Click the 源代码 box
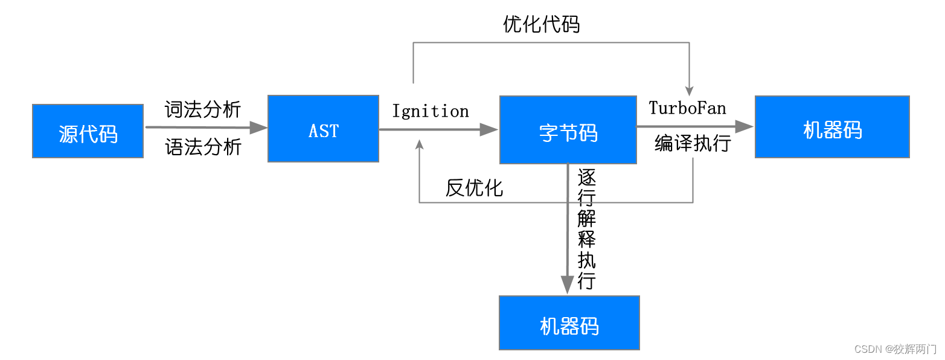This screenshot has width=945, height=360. [88, 131]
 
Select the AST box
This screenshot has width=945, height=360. [323, 129]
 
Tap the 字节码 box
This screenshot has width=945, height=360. [568, 130]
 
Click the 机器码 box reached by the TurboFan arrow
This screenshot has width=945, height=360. [832, 127]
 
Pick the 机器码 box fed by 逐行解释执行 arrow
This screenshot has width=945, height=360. [569, 323]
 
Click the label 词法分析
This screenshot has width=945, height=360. [203, 109]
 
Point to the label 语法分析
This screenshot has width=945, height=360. [203, 147]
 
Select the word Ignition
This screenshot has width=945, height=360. [430, 111]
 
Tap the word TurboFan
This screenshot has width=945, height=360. [687, 108]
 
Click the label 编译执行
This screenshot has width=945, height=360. [692, 144]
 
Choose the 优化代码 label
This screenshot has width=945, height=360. [541, 24]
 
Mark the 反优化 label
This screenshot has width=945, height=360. [474, 187]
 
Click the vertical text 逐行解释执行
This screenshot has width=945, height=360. [586, 230]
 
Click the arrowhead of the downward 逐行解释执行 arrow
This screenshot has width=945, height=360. [567, 284]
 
